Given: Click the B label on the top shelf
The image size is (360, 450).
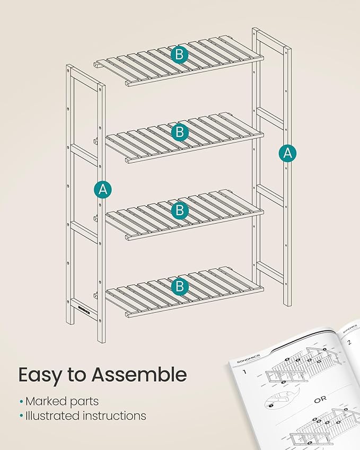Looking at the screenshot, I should [x=180, y=54].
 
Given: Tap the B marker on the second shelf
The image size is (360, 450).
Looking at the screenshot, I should [x=180, y=131].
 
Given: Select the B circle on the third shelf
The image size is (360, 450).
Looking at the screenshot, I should [x=180, y=210].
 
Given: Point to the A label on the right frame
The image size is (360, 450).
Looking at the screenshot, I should [x=287, y=153].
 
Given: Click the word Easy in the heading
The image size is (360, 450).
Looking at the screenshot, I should [x=39, y=375].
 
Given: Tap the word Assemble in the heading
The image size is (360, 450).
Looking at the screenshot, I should [x=139, y=374].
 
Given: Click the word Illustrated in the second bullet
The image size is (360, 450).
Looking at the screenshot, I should [x=52, y=416].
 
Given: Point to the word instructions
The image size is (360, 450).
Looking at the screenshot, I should [x=114, y=416].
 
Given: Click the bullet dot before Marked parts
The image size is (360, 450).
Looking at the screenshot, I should [x=21, y=402].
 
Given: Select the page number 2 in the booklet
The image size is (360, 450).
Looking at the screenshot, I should [x=349, y=342].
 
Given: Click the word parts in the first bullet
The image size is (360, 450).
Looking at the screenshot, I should [x=85, y=402].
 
